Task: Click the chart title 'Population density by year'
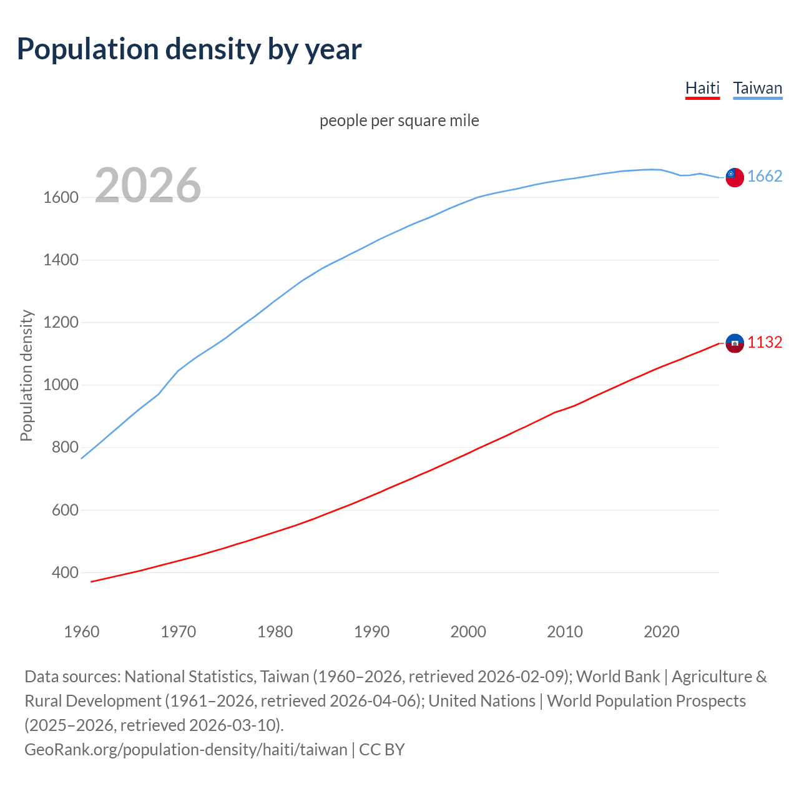click(189, 49)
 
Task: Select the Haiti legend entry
click(702, 88)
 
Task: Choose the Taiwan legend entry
click(757, 88)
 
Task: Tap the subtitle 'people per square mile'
click(399, 120)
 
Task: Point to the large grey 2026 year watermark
click(148, 185)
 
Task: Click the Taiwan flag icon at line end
click(734, 177)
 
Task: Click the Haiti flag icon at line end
click(734, 343)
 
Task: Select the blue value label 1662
click(765, 177)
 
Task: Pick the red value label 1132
click(765, 343)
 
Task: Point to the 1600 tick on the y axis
click(61, 198)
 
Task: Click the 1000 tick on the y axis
click(61, 385)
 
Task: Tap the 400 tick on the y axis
click(65, 572)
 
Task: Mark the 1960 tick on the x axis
click(82, 632)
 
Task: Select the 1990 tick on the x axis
click(371, 632)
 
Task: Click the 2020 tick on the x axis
click(661, 632)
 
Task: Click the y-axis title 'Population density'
click(26, 376)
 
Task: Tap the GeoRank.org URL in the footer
click(185, 750)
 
